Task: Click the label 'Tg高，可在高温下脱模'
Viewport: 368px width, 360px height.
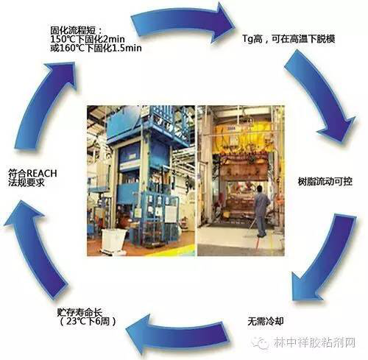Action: coord(289,39)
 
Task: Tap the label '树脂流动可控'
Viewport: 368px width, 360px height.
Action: coord(325,182)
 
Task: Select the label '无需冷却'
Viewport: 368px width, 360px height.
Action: coord(266,321)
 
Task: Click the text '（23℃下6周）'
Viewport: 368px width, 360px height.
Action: coord(88,321)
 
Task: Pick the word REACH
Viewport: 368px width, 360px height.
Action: coord(41,174)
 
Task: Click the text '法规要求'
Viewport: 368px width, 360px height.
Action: coord(26,183)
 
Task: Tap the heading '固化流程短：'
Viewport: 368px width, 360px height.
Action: coord(76,30)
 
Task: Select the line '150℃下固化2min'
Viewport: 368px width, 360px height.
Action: coord(88,39)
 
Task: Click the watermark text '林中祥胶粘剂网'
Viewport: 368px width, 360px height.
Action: coord(314,342)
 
